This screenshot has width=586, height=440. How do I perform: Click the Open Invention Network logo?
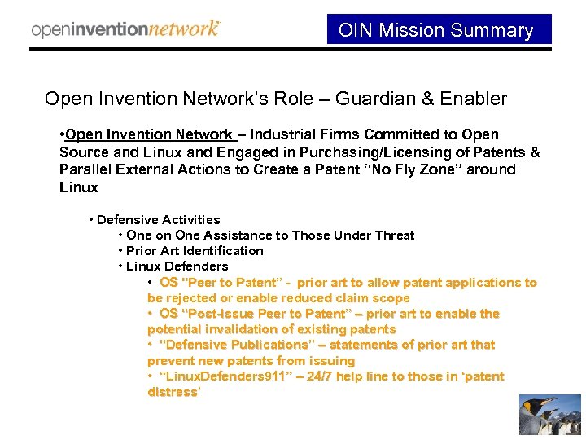(126, 29)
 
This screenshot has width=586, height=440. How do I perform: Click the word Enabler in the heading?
(476, 99)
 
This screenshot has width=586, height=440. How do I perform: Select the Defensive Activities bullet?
(158, 220)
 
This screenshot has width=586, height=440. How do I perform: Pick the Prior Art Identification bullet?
(195, 251)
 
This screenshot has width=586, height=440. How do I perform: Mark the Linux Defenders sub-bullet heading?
(177, 266)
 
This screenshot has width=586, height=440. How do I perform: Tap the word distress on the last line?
(172, 392)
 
